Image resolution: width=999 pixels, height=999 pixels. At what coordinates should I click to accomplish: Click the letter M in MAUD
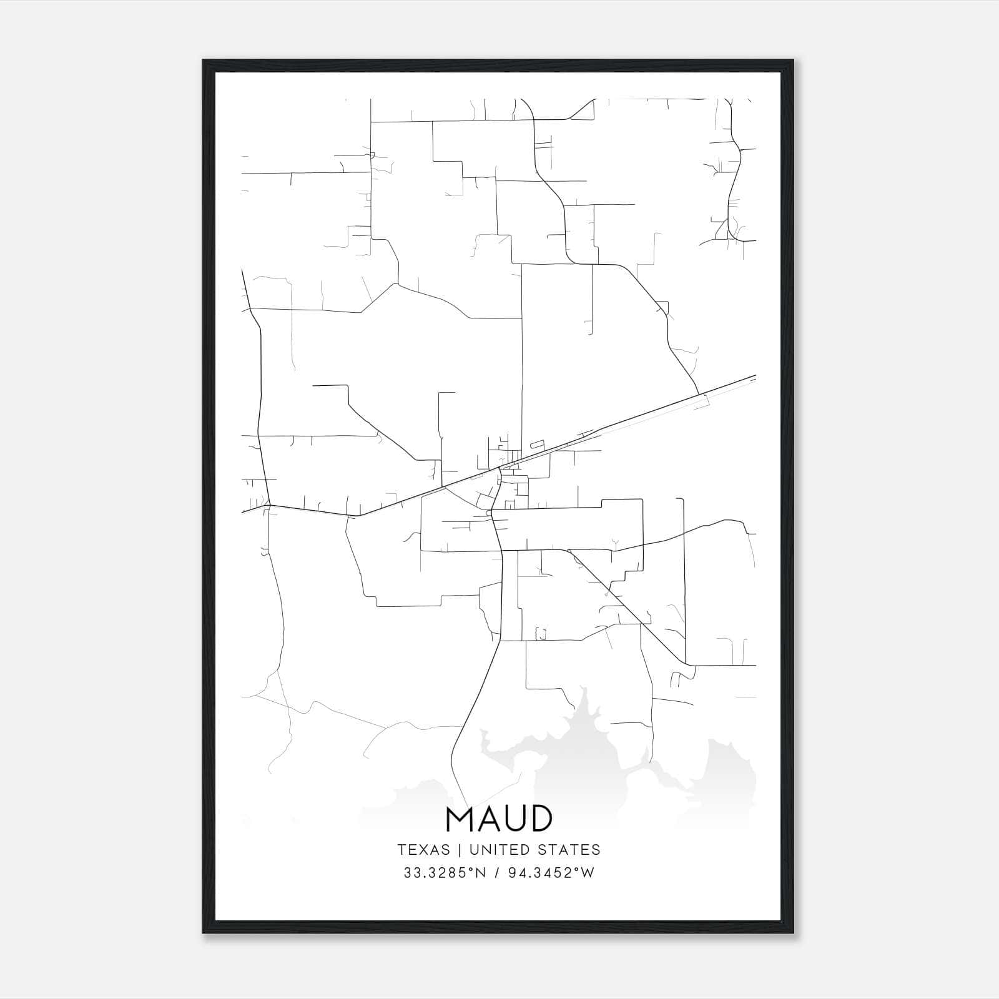point(461,819)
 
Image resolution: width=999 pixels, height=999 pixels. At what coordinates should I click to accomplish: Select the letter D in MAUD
point(538,819)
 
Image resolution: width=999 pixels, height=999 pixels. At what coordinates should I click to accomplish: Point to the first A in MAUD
point(485,819)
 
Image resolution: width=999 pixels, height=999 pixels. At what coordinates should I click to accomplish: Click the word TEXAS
point(423,850)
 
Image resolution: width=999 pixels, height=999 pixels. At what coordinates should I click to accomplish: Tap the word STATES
point(569,850)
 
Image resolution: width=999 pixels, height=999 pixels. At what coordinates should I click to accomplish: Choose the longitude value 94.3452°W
point(550,873)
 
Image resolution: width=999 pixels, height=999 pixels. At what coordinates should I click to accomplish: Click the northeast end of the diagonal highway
point(755,376)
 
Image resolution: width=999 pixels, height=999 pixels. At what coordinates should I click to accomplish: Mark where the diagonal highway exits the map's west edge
point(243,512)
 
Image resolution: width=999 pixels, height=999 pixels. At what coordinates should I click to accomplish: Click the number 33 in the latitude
point(411,873)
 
